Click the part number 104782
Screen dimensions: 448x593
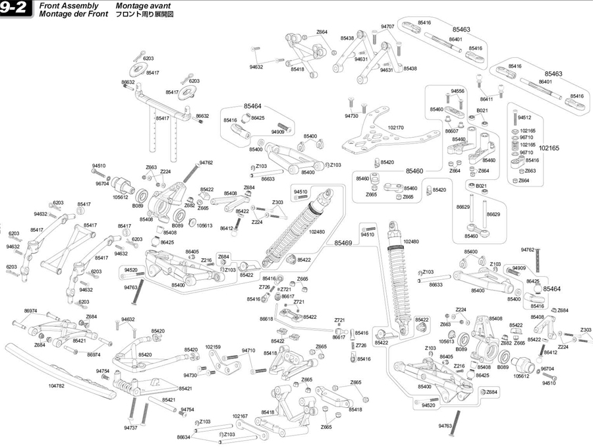[57, 386]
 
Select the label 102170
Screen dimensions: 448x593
[396, 128]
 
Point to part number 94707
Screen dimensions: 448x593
[387, 26]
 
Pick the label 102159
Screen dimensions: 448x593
[213, 347]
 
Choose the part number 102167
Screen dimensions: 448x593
[240, 416]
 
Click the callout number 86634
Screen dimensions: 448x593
[184, 437]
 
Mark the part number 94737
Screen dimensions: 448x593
[130, 428]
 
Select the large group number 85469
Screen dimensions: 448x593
[343, 242]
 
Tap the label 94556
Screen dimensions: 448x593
[458, 91]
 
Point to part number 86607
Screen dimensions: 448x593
[452, 130]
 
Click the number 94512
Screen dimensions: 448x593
[524, 117]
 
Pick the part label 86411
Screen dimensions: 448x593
[487, 99]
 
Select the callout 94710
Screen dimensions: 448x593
[248, 350]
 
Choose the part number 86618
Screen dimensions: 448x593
[266, 319]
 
